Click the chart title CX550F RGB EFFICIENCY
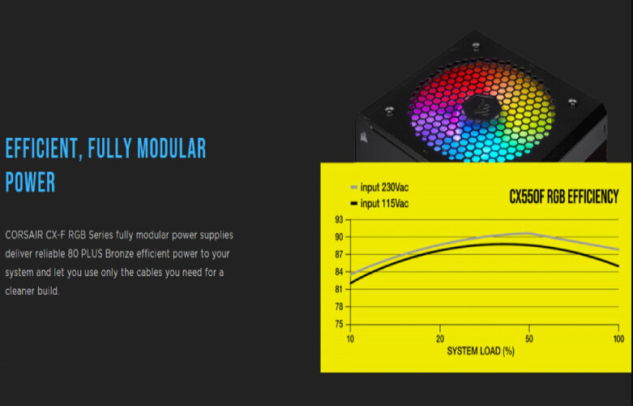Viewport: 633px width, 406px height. (x=563, y=197)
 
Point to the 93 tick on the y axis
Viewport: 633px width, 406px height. (x=339, y=220)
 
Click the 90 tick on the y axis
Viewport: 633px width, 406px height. (x=339, y=237)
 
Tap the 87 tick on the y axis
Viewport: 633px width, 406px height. (x=339, y=254)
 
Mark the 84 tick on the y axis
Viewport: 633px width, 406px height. (x=339, y=272)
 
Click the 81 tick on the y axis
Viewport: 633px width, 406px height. (x=339, y=289)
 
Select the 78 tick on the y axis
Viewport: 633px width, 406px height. (x=339, y=306)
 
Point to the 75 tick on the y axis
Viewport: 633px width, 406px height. (x=339, y=323)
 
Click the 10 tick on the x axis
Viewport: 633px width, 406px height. (x=350, y=338)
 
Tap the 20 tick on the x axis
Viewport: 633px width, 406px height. (x=440, y=338)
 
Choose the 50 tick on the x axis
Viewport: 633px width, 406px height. (x=528, y=338)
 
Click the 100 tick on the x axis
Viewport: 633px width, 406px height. (x=618, y=338)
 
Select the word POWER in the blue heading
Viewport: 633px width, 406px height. (x=31, y=182)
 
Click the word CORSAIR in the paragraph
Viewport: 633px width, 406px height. (x=24, y=235)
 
